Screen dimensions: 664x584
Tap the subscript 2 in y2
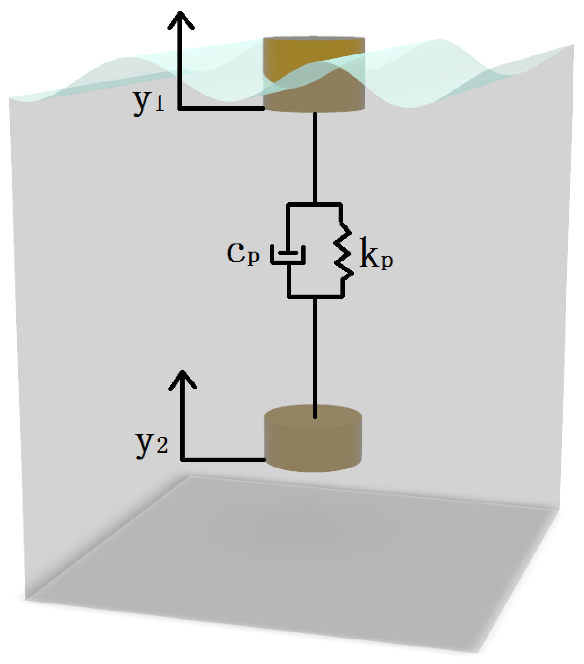[162, 447]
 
